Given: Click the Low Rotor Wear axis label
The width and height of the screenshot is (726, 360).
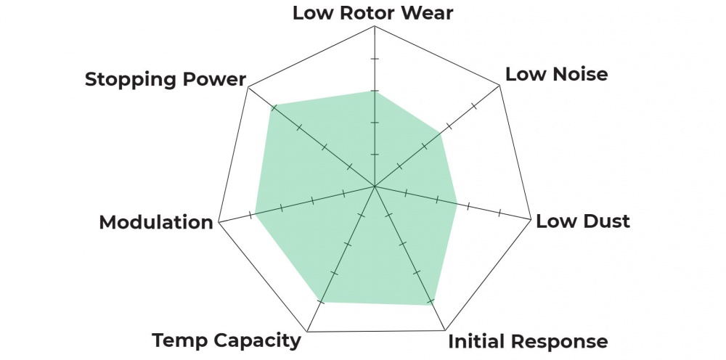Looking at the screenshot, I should click(372, 12).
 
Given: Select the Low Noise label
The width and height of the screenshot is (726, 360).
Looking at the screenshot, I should click(556, 73).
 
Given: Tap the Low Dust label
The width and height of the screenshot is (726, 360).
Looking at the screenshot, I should click(582, 221).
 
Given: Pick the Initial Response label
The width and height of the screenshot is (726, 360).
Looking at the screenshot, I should click(528, 341).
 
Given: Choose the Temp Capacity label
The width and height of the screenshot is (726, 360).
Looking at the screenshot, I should click(226, 340).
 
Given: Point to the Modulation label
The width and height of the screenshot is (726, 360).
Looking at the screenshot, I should click(156, 222).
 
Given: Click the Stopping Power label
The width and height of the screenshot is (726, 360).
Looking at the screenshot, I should click(166, 78).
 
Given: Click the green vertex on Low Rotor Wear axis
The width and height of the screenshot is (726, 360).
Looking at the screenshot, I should click(374, 90).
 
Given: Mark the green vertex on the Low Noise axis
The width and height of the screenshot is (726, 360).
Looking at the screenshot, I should click(439, 132).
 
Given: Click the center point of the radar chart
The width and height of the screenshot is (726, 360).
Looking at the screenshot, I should click(374, 187).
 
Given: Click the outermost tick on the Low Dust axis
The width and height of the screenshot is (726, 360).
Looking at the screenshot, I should click(499, 214).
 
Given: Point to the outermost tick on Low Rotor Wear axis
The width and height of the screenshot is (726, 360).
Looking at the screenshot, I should click(374, 58).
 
